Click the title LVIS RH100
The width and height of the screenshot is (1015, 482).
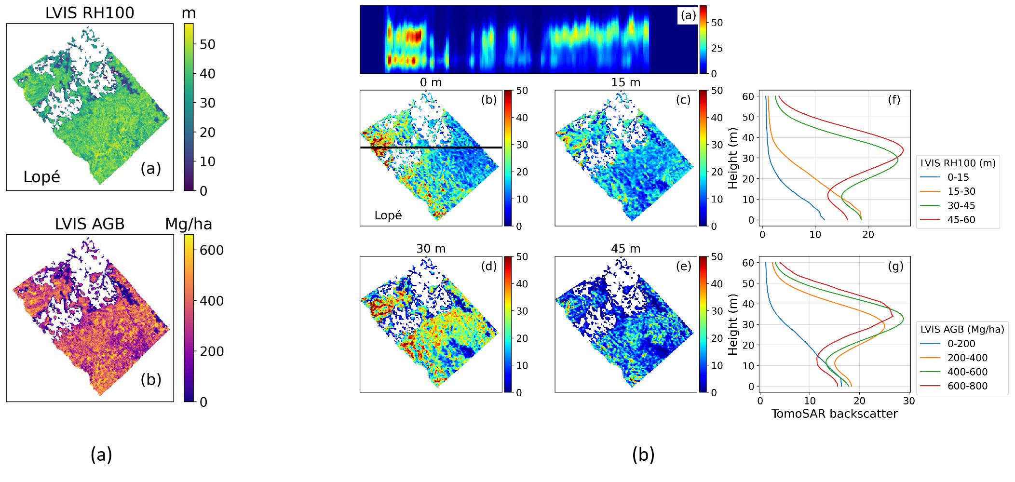click(x=90, y=13)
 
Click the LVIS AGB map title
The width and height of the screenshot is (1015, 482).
click(x=90, y=224)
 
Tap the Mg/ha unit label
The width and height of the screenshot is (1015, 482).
click(x=188, y=224)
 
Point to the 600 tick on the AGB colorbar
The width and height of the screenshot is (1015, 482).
click(x=212, y=250)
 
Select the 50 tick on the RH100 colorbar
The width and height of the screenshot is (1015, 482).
click(x=207, y=44)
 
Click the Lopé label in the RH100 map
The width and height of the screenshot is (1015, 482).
click(x=42, y=177)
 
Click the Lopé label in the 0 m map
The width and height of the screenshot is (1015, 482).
click(x=388, y=215)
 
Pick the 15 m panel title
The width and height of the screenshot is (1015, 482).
click(x=625, y=82)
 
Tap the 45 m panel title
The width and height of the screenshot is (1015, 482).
click(x=625, y=249)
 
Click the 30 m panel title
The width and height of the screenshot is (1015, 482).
click(x=431, y=249)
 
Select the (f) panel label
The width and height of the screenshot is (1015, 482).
click(x=893, y=100)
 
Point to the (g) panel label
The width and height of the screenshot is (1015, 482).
click(x=895, y=267)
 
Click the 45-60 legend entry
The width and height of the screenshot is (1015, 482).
click(x=961, y=220)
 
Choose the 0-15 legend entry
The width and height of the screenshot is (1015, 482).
click(x=958, y=177)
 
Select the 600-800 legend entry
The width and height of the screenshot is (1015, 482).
click(x=967, y=386)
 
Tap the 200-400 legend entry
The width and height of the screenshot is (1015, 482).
click(x=967, y=358)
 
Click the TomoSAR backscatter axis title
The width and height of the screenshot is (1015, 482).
click(x=834, y=414)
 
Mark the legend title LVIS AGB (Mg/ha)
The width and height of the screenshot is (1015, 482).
click(x=962, y=329)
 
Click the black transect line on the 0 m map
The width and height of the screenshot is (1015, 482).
click(x=431, y=147)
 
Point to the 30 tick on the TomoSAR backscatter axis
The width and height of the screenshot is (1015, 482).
click(x=908, y=401)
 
